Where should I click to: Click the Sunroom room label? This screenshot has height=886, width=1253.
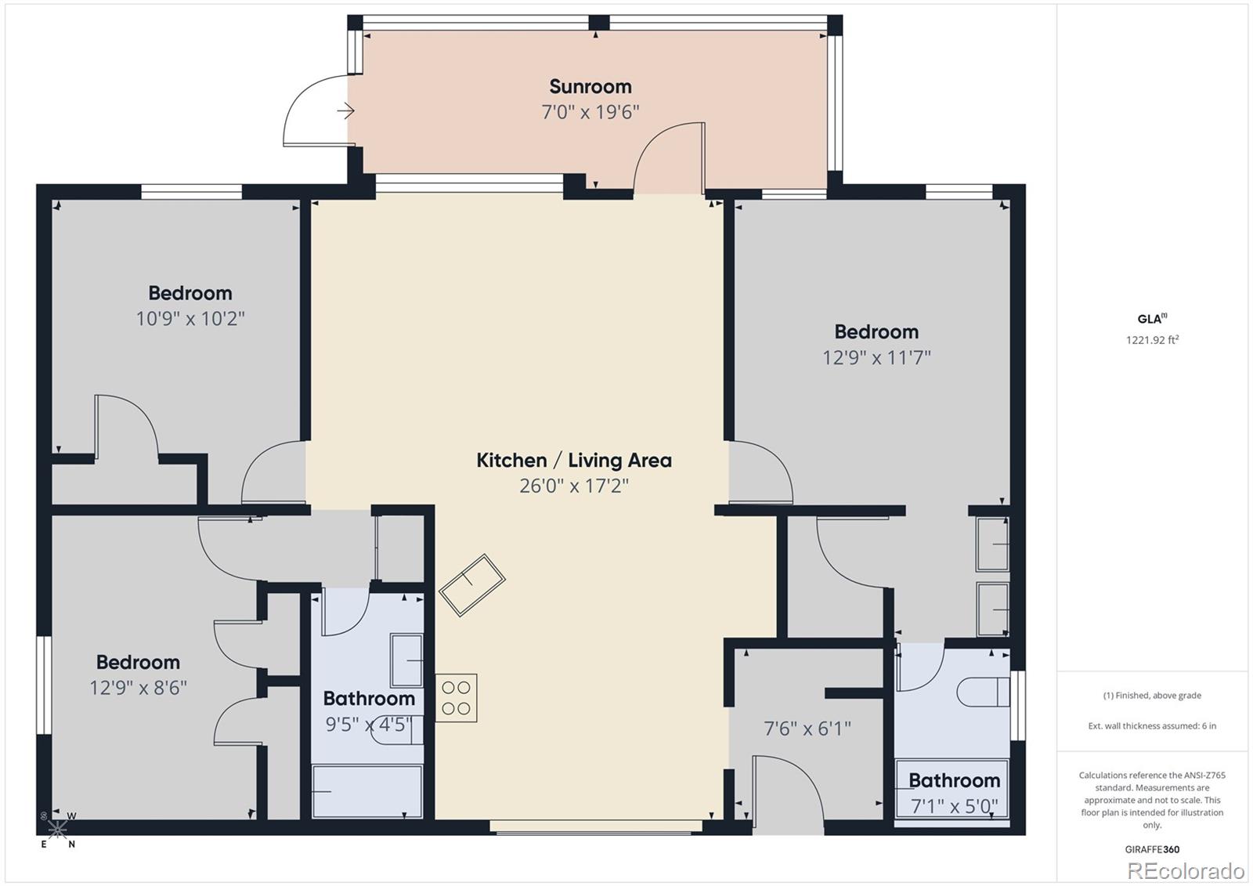[x=590, y=87]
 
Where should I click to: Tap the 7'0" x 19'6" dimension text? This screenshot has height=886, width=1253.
[x=590, y=112]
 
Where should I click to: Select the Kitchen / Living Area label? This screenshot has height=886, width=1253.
[x=574, y=460]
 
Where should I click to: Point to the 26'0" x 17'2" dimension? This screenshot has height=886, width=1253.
[x=574, y=485]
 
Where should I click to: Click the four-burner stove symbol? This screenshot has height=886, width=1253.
[x=457, y=698]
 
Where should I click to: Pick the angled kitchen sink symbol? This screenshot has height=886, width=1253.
[x=472, y=585]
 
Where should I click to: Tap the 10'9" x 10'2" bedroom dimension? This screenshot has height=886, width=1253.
[x=190, y=319]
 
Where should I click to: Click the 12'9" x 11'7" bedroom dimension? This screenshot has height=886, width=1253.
[x=876, y=357]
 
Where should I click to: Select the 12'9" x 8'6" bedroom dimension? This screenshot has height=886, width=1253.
[x=138, y=687]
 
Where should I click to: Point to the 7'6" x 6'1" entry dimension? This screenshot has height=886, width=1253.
[x=807, y=729]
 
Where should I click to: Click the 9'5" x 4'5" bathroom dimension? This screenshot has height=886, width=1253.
[x=369, y=725]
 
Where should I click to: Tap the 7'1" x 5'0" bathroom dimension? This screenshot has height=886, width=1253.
[x=955, y=806]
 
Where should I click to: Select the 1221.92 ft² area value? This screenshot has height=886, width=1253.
[x=1152, y=340]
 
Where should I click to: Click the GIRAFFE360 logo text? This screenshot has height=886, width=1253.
[x=1152, y=849]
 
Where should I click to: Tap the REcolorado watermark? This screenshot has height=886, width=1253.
[x=1186, y=871]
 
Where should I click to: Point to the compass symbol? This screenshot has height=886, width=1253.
[x=57, y=829]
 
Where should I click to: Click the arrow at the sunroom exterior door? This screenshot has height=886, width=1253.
[x=345, y=111]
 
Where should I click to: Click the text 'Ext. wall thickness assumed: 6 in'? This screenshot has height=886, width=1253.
[x=1152, y=726]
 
